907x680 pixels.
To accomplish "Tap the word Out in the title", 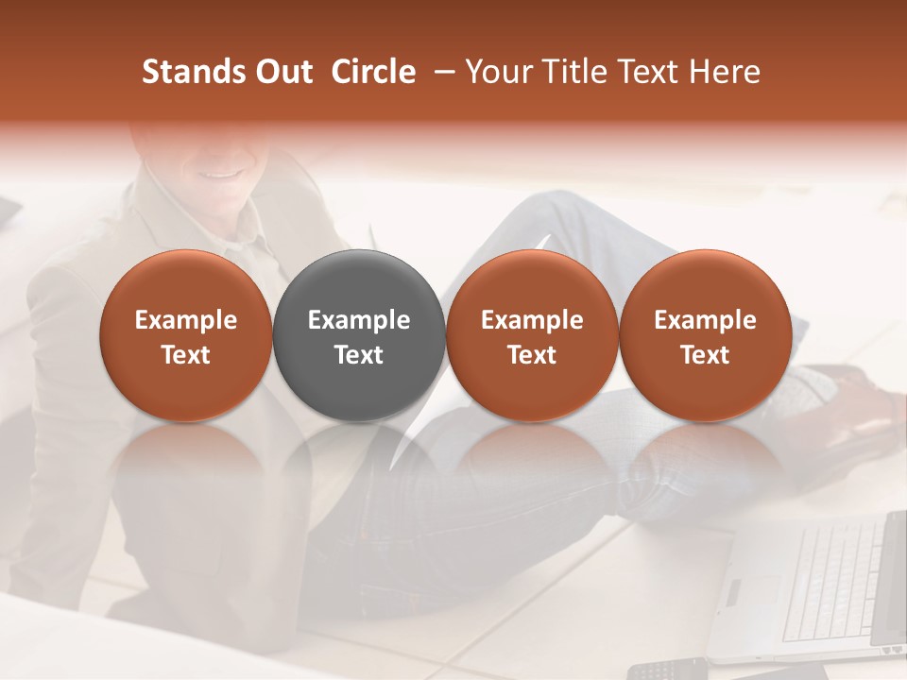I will pyautogui.click(x=282, y=72).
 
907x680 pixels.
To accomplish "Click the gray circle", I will pyautogui.click(x=359, y=336).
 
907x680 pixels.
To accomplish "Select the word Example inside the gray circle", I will pyautogui.click(x=359, y=320).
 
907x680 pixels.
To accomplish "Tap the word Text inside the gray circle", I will pyautogui.click(x=359, y=355).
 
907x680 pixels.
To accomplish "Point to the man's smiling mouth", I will pyautogui.click(x=219, y=174).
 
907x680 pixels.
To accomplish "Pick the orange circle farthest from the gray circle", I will pyautogui.click(x=705, y=336).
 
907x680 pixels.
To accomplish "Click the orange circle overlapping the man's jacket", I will pyautogui.click(x=186, y=336).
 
